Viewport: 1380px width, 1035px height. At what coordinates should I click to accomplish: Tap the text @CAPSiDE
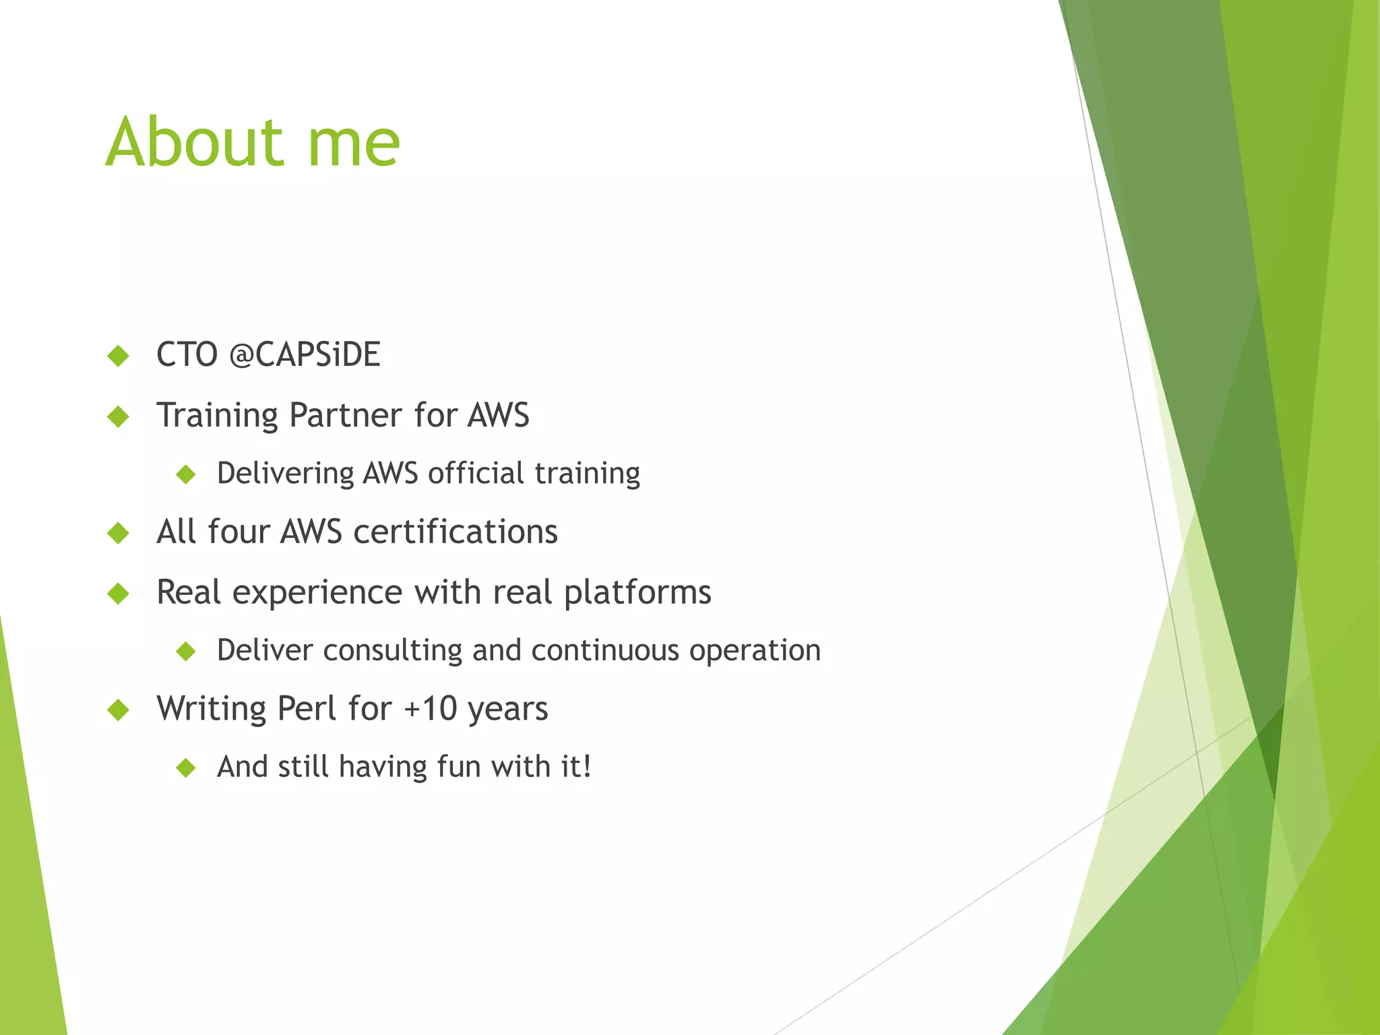305,354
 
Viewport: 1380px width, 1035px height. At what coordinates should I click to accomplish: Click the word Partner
345,415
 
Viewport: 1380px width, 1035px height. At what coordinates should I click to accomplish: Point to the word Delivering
285,474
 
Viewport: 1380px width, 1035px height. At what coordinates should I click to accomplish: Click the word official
476,474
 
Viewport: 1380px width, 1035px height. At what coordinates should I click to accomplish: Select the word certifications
456,532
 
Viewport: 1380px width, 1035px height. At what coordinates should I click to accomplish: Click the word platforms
637,593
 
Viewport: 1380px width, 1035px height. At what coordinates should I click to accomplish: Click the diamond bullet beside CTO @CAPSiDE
118,355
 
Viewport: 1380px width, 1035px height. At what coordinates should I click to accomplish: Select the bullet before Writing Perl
118,710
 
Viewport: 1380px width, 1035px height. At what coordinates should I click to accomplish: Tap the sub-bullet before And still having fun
185,767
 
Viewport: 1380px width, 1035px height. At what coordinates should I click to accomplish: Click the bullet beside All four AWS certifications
118,533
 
